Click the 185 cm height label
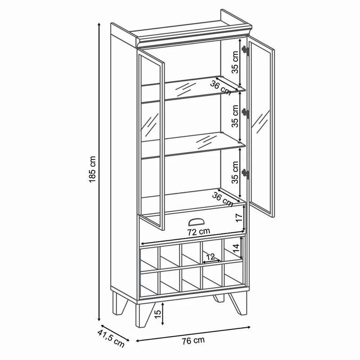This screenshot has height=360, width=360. coord(92,169)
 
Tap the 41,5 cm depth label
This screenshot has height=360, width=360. coord(111,338)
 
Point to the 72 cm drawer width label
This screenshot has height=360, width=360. coord(199,232)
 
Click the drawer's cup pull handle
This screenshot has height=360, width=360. coord(196,222)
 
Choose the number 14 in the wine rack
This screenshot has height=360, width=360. coord(236,248)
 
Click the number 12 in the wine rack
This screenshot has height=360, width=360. coord(211,256)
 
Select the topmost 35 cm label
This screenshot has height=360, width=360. coord(235,62)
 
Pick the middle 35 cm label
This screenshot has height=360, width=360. coord(235,116)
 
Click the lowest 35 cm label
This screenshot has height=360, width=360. coord(235,172)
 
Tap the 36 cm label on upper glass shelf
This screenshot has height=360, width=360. coord(220,88)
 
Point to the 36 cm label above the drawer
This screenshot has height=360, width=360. coord(222,199)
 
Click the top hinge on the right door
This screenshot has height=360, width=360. coord(245,50)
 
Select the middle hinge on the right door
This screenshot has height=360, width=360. coord(245,113)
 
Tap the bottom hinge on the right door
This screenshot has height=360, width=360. coord(245,173)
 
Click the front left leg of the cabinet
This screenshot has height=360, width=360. coord(142,315)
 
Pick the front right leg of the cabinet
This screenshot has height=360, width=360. coord(239,303)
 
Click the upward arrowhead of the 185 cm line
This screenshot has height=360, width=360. coord(99,25)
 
